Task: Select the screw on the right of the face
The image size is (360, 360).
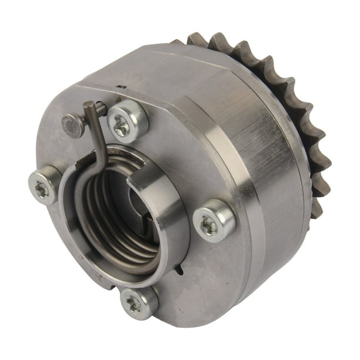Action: (214, 221)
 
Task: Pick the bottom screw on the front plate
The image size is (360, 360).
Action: (139, 304)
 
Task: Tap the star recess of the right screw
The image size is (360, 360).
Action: (209, 223)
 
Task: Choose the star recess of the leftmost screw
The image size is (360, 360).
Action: (42, 188)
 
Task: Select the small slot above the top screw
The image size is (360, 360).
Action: (120, 88)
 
